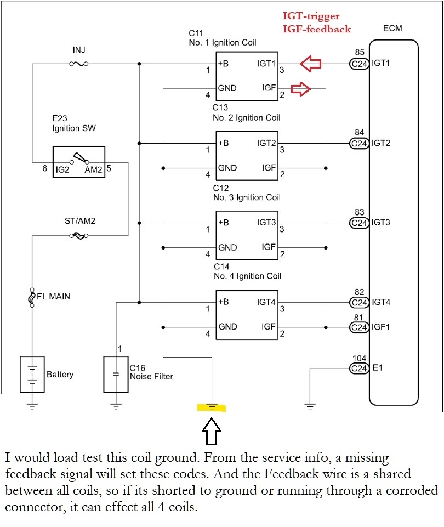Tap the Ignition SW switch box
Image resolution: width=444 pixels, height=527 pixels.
[79, 162]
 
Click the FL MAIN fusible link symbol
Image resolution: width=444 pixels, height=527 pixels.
[32, 297]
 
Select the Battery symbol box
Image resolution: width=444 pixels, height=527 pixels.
[32, 375]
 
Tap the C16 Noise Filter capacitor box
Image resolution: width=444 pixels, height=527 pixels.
[116, 375]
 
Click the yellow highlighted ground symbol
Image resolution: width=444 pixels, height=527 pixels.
[212, 407]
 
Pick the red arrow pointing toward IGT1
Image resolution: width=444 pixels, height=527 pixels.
[311, 64]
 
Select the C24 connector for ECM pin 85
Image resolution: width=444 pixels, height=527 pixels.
[359, 64]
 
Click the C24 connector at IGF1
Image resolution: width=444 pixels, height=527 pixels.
[359, 327]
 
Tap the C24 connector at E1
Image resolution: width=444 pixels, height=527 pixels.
[359, 369]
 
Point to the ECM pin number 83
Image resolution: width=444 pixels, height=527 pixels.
[359, 212]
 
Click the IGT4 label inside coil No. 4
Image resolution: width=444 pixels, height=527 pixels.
[266, 302]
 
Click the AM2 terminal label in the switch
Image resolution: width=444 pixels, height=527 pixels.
[93, 170]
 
